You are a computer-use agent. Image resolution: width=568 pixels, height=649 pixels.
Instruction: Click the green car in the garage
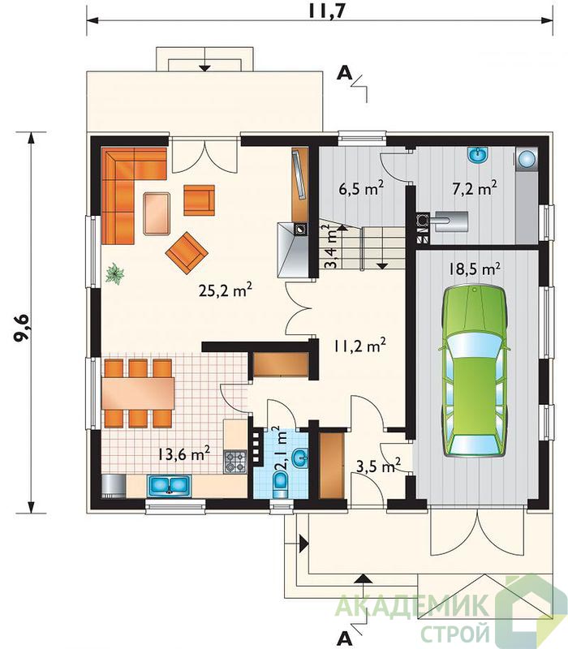[x=475, y=371]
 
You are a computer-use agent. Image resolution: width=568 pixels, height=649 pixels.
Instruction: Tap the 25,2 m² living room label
[x=226, y=290]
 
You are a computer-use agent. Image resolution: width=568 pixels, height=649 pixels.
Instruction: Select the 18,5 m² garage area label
[x=475, y=269]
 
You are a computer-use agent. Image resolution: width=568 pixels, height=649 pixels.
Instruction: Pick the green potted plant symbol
[x=114, y=273]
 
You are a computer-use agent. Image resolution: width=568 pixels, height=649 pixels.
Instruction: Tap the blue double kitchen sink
[x=169, y=485]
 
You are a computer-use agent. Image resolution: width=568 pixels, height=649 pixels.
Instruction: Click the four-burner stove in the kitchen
[x=235, y=462]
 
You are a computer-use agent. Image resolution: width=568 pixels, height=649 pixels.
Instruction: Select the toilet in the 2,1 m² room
[x=281, y=484]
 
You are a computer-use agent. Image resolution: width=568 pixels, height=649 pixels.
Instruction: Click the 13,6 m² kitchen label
[x=184, y=454]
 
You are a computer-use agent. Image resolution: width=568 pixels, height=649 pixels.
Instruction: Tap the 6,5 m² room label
[x=361, y=188]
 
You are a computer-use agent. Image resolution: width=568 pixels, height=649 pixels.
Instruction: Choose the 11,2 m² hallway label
[x=359, y=345]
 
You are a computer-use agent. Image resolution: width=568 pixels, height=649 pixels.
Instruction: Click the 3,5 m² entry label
[x=378, y=466]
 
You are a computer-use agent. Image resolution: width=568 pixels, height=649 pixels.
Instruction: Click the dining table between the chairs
[x=138, y=393]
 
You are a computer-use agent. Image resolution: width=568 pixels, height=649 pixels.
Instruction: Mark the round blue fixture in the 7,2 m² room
[x=527, y=158]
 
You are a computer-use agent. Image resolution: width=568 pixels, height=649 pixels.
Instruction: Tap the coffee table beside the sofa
[x=157, y=213]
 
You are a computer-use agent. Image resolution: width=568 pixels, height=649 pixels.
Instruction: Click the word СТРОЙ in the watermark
[x=455, y=633]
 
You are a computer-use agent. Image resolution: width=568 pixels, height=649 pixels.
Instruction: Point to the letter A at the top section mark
[x=344, y=73]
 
